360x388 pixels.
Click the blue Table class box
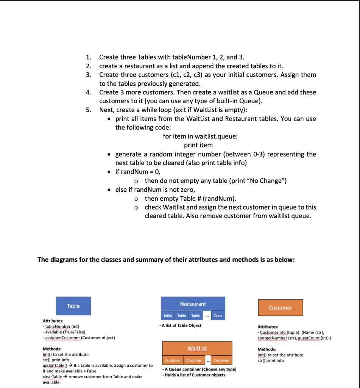73,306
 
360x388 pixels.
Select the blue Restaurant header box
193,304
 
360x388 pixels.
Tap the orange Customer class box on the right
280,308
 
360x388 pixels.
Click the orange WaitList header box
197,348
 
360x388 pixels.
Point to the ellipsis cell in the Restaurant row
207,316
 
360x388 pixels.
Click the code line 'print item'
198,145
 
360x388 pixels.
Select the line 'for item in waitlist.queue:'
200,136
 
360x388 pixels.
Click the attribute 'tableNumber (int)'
62,327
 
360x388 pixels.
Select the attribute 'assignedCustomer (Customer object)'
79,337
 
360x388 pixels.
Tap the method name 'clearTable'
52,377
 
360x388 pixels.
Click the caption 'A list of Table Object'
181,325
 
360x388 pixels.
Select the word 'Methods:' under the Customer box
267,349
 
